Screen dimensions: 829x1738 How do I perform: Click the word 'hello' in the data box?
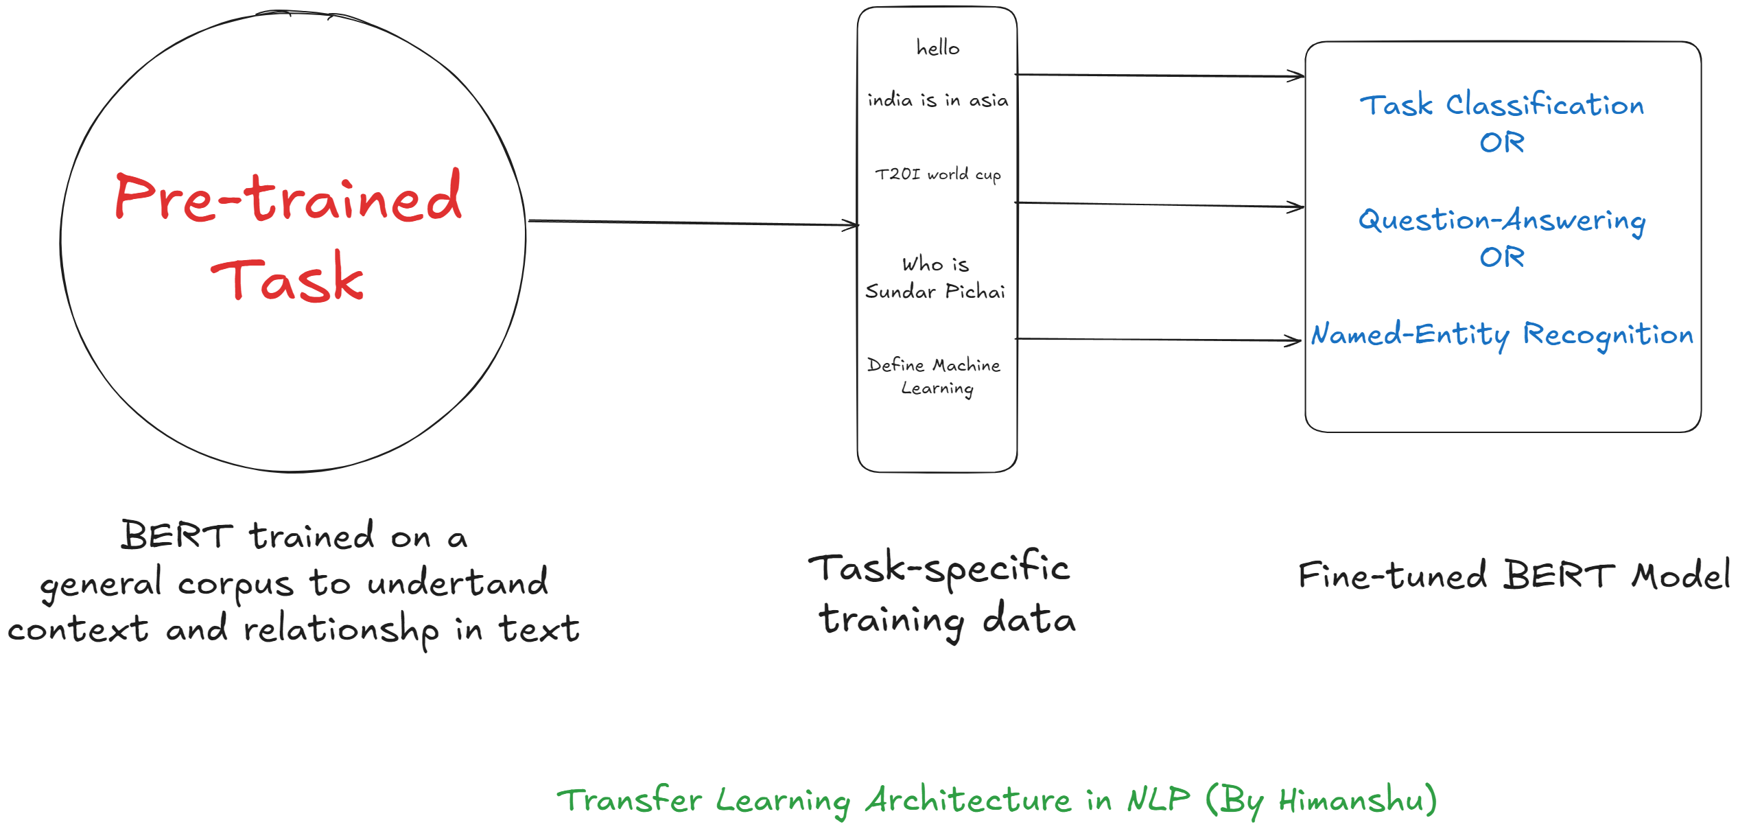click(x=937, y=47)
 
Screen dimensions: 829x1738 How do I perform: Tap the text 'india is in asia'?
click(x=937, y=100)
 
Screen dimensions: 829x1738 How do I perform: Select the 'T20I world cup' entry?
click(x=937, y=174)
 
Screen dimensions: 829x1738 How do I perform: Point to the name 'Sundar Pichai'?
click(x=935, y=292)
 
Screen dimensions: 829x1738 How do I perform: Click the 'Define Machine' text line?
click(x=934, y=365)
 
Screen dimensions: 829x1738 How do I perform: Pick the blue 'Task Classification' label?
click(x=1502, y=105)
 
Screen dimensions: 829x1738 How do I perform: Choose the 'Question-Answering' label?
click(x=1502, y=220)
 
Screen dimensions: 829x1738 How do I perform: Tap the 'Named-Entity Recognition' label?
click(x=1502, y=335)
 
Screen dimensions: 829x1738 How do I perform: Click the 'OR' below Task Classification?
click(x=1502, y=143)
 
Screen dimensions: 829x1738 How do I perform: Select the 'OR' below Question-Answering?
click(x=1502, y=257)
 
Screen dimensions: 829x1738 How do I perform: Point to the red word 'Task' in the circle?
click(x=287, y=279)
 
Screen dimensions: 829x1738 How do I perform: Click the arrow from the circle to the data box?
click(x=693, y=222)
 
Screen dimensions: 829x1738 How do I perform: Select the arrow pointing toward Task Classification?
click(x=1160, y=75)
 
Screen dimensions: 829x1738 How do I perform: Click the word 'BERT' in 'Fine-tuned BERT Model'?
click(x=1559, y=576)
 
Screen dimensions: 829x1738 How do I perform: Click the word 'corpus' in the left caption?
click(x=235, y=585)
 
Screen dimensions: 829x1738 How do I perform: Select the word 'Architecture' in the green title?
click(x=967, y=800)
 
